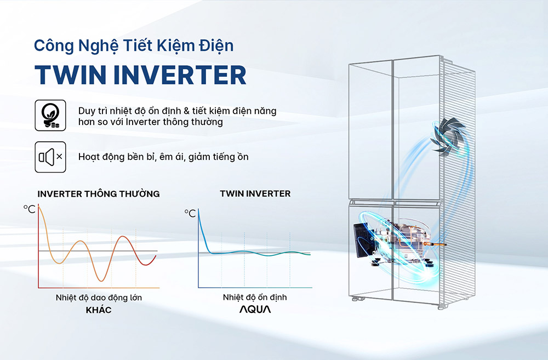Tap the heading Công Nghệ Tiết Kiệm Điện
[x=133, y=45]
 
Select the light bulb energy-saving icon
[x=51, y=116]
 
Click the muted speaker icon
[x=51, y=157]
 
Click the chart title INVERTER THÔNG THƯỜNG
[x=99, y=194]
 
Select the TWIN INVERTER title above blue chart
[x=255, y=194]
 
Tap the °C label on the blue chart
[x=190, y=213]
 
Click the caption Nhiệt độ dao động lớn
[x=99, y=298]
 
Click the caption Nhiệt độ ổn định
[x=255, y=298]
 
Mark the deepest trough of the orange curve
[x=99, y=281]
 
